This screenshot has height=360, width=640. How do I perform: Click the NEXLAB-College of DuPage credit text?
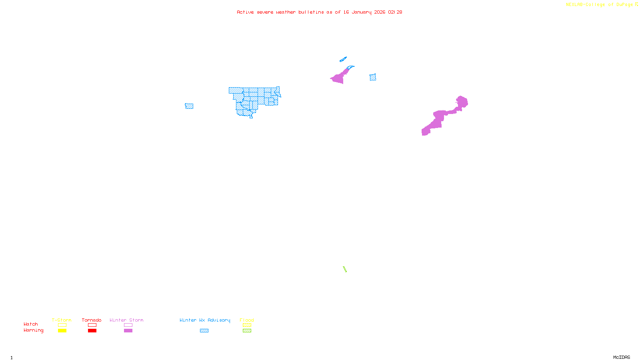[599, 5]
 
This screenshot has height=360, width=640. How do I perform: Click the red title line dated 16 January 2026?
[319, 12]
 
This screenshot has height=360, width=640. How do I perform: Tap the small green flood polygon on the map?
[344, 269]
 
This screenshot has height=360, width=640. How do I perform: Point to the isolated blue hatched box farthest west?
[189, 106]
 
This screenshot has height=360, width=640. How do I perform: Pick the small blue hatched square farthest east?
[373, 77]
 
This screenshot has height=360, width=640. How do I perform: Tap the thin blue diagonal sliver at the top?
[343, 60]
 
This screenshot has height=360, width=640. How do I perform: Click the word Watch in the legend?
[31, 324]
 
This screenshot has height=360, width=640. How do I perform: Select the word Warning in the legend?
[33, 330]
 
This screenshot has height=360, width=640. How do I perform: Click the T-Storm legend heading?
[62, 320]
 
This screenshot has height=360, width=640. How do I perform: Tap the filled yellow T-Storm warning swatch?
[62, 331]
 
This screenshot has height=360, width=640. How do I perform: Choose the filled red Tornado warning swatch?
[92, 331]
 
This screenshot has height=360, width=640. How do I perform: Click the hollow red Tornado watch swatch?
[92, 325]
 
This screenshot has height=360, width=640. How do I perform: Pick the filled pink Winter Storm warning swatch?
[128, 331]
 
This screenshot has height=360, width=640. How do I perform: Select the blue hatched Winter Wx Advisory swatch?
[204, 331]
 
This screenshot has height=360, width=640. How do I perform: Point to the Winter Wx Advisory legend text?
[205, 320]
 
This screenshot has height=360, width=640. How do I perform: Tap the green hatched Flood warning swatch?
[247, 331]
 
